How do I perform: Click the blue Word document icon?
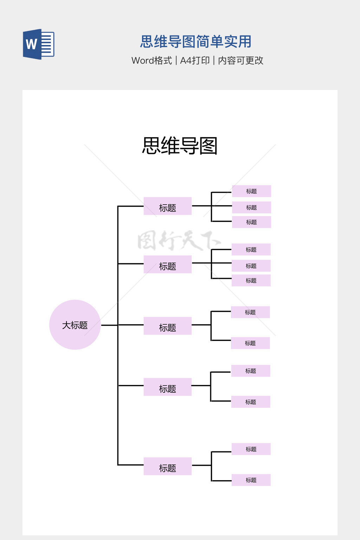[x=39, y=44]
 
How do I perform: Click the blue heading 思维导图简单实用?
[x=196, y=41]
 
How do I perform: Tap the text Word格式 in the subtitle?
[x=152, y=60]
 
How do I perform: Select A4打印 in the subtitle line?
[x=195, y=60]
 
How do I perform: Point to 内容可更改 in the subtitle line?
[x=241, y=60]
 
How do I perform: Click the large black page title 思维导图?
[x=180, y=146]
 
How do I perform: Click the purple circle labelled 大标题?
[x=75, y=325]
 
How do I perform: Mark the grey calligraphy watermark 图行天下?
[x=179, y=240]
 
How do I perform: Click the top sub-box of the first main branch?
[x=251, y=191]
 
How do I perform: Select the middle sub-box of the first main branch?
[x=251, y=207]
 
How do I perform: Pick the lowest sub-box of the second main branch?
[x=251, y=281]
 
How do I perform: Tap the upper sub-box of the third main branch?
[x=250, y=312]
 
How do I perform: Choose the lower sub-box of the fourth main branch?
[x=251, y=402]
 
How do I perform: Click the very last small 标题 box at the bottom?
[x=251, y=480]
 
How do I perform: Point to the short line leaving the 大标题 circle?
[x=109, y=325]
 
